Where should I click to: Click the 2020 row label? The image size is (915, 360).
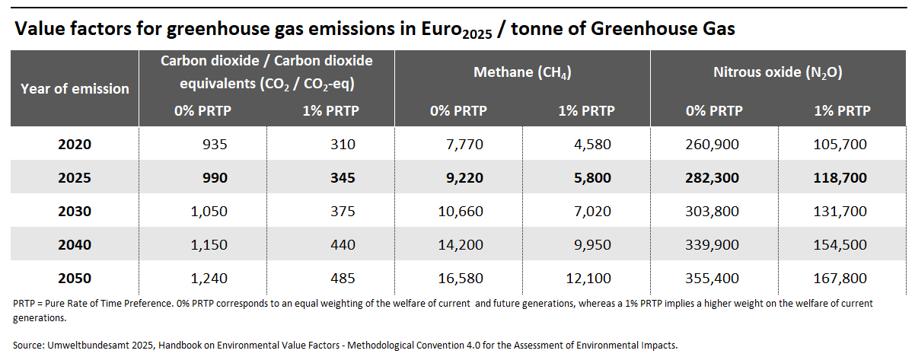[x=75, y=144]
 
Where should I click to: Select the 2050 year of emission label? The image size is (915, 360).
[x=75, y=279]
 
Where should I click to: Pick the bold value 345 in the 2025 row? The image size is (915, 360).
[x=344, y=178]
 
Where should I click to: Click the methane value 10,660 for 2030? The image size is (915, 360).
[x=461, y=212]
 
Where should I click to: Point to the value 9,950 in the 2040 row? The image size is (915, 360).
[x=587, y=245]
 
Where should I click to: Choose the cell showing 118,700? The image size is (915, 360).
[x=841, y=178]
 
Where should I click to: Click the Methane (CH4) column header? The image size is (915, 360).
[x=522, y=73]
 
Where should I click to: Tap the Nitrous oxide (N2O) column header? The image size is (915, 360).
[x=777, y=73]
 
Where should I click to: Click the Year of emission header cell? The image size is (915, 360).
[x=75, y=89]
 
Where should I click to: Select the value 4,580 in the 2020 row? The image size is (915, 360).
[x=587, y=144]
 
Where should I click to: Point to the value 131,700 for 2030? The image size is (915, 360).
[x=841, y=212]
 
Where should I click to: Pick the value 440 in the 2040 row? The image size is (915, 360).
[x=344, y=245]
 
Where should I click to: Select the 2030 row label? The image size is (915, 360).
[x=75, y=212]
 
